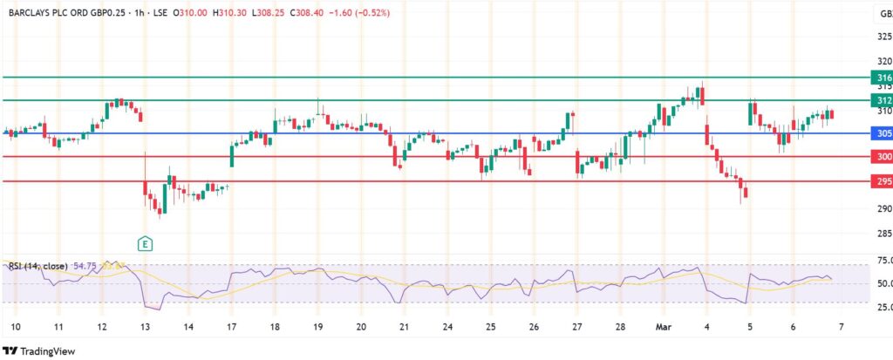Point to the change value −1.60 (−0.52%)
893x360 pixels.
[x=358, y=13]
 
